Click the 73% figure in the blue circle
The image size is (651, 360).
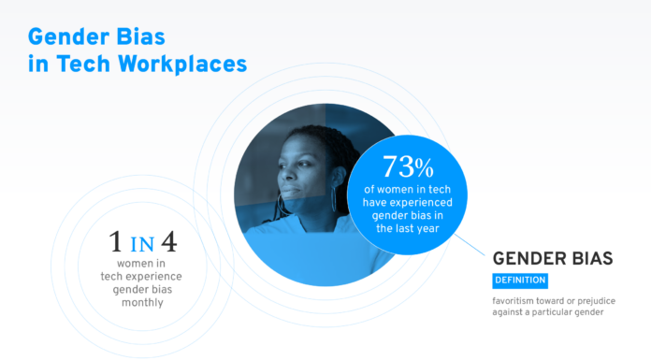[408, 167]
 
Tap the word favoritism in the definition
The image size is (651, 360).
[517, 300]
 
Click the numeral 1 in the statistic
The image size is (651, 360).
[114, 244]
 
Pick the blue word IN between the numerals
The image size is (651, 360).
[141, 246]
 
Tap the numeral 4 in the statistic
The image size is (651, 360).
[168, 244]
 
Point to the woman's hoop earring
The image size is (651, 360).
[334, 200]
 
